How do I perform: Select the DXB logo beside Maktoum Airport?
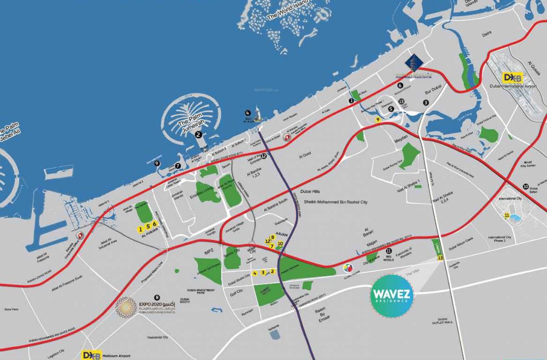point(91,355)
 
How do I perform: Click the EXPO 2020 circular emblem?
point(126,307)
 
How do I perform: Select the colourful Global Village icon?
point(348,269)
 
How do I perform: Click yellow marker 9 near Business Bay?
point(378,120)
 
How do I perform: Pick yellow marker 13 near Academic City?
point(440,257)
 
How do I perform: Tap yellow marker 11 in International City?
point(507,216)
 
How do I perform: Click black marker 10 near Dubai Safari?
point(526,187)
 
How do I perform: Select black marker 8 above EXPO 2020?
point(157,297)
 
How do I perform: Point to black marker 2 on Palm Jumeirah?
point(198,135)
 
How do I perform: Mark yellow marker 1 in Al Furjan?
point(139,229)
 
